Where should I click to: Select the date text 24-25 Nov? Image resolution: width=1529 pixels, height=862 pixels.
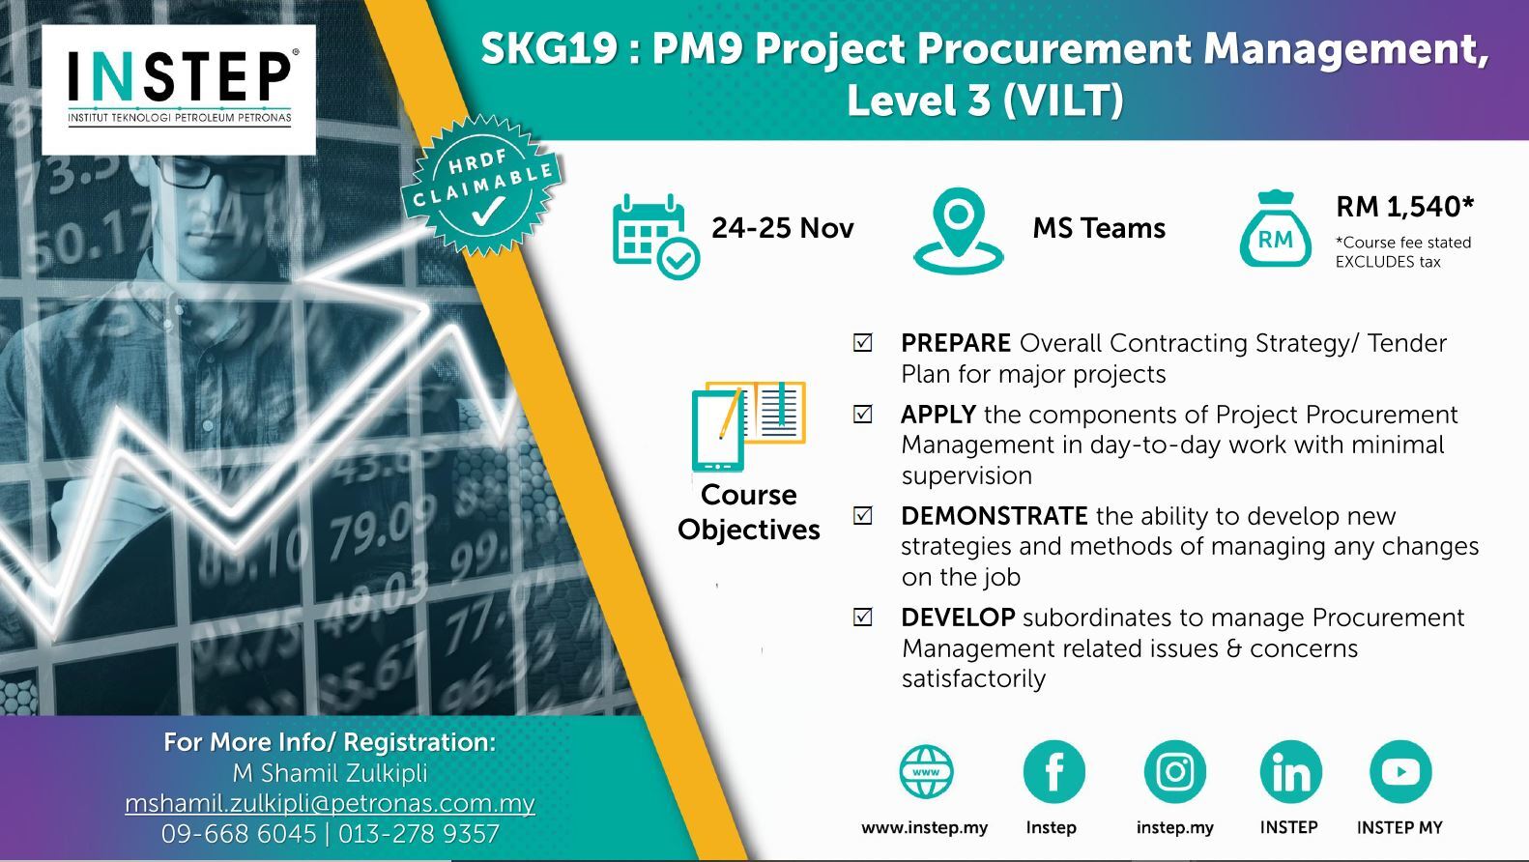(x=782, y=228)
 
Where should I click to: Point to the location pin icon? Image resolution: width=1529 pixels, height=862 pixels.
(x=959, y=231)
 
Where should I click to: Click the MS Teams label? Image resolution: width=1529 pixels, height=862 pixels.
(x=1099, y=228)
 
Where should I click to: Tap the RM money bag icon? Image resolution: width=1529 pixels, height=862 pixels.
(x=1275, y=229)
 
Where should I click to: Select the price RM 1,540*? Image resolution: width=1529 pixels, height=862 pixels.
(x=1404, y=206)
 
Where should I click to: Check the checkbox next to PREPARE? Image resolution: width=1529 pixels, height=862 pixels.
(x=863, y=342)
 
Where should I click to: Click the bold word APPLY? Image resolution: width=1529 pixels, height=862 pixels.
(x=938, y=415)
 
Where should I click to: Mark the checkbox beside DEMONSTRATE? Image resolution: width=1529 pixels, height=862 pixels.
(x=863, y=515)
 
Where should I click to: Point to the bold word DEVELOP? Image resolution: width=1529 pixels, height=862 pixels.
(x=958, y=617)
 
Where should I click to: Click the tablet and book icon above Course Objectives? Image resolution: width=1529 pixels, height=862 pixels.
(x=748, y=426)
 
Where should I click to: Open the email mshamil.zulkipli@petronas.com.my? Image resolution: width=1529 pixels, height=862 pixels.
(x=330, y=804)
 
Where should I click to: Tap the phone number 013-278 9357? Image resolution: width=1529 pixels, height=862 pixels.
(x=418, y=834)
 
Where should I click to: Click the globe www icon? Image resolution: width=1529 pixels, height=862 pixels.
(x=926, y=772)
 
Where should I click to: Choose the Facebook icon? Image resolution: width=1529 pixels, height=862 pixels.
(x=1053, y=772)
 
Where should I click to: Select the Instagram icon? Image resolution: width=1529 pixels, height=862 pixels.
(x=1174, y=772)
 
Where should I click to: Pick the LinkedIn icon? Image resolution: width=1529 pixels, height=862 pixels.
(x=1291, y=772)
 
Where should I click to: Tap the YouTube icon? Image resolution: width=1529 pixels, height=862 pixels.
(x=1400, y=772)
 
